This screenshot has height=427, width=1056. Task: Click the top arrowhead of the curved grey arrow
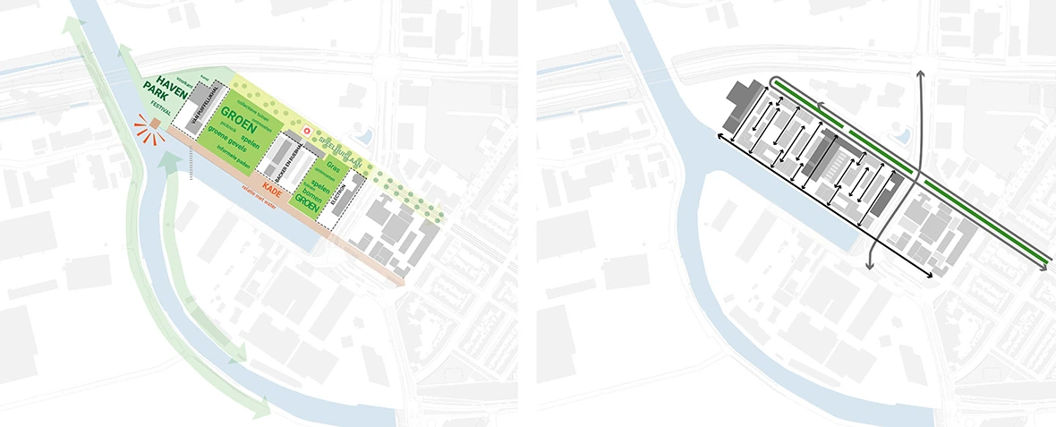[x=921, y=72]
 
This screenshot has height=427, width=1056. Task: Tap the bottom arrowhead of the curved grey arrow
[x=870, y=266]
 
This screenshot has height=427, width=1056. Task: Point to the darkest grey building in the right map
[x=742, y=97]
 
